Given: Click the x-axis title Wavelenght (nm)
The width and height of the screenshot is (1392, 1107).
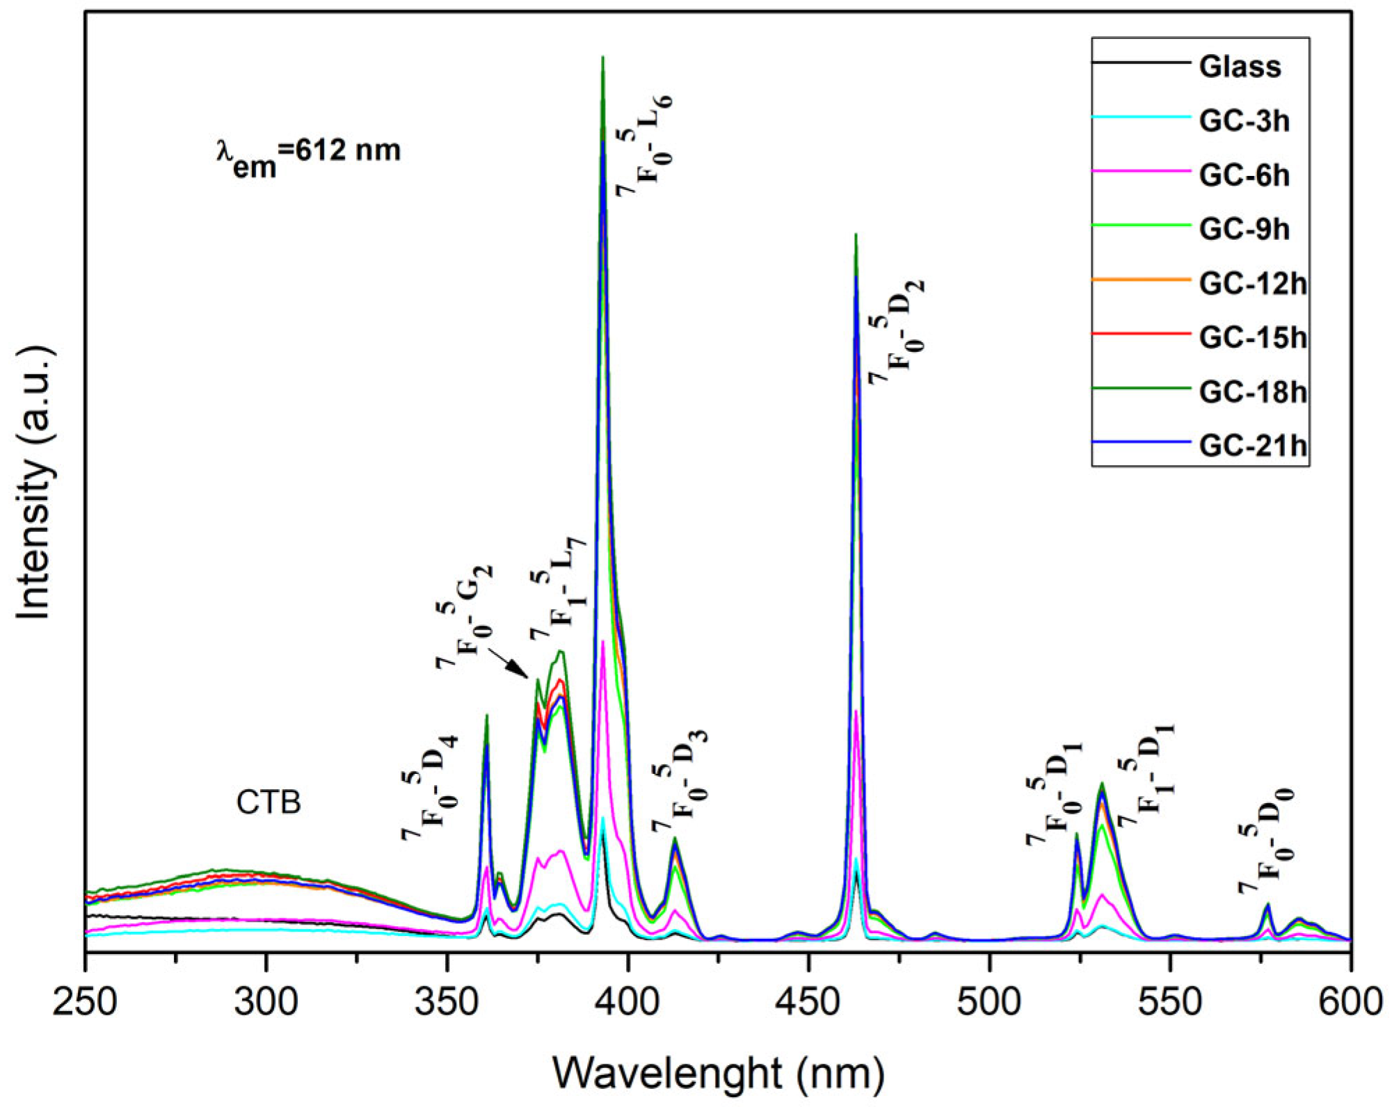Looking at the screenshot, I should click(x=719, y=1073).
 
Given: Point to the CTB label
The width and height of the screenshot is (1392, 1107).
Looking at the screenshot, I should click(x=269, y=802).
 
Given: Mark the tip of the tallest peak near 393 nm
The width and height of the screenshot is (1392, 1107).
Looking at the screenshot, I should click(x=602, y=58).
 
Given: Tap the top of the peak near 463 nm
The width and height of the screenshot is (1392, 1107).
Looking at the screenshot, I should click(x=856, y=235).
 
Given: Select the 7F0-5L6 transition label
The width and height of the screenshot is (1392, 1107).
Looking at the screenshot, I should click(x=643, y=146).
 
